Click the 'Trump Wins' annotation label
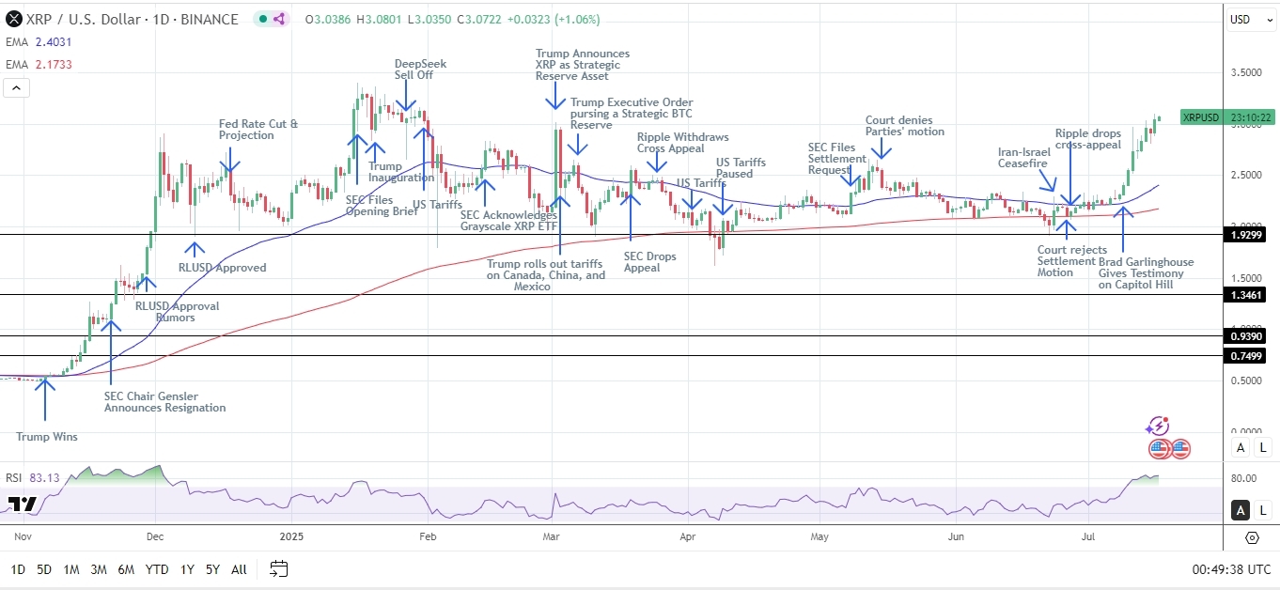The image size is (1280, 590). coord(47,436)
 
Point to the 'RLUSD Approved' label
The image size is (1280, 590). coord(222,268)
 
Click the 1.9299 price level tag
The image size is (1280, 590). coord(1249,234)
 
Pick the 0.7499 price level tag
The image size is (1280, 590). coord(1249,355)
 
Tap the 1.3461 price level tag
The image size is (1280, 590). coord(1249,295)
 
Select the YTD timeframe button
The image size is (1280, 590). coord(157,569)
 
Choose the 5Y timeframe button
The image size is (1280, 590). coord(212,569)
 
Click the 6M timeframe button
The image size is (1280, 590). coord(126,569)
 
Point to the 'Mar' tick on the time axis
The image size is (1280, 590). coord(552,537)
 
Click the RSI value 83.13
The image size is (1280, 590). coord(44,478)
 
